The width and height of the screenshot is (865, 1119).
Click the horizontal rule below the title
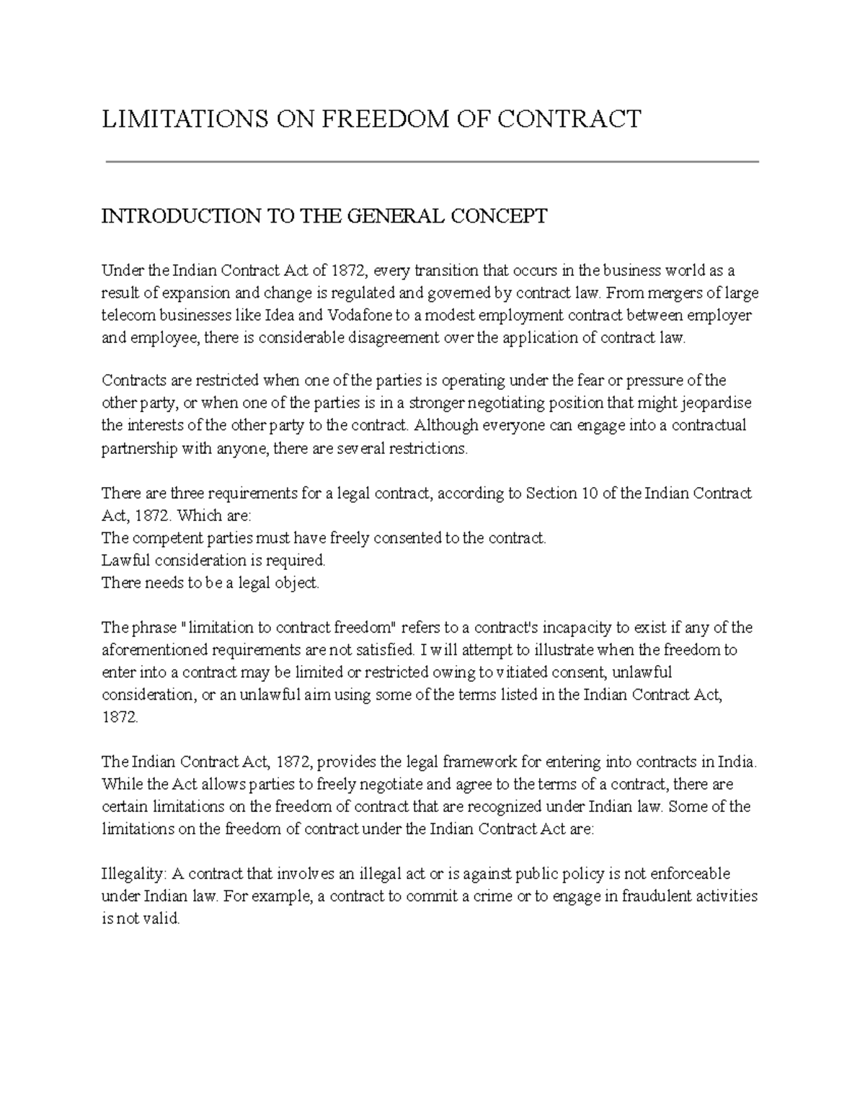click(x=432, y=162)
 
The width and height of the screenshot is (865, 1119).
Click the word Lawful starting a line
click(x=123, y=561)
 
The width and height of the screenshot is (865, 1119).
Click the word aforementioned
click(x=152, y=650)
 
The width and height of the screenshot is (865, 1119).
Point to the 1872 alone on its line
click(x=118, y=718)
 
